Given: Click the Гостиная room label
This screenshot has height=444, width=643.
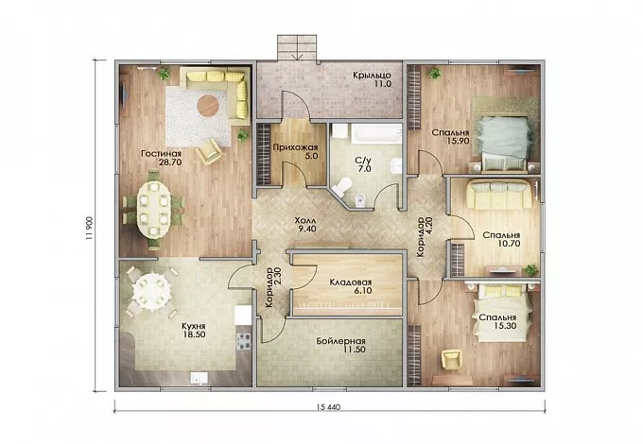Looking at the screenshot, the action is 161,154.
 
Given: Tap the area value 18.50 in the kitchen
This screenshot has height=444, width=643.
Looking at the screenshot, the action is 195,334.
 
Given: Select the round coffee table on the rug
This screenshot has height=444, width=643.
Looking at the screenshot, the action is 208,106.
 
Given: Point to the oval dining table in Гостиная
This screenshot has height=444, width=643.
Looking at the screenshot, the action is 153,209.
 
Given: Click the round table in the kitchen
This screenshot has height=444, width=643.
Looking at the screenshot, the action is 151,291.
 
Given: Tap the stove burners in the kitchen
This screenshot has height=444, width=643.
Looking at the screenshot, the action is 244,341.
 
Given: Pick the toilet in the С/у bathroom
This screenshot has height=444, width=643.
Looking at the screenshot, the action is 340,187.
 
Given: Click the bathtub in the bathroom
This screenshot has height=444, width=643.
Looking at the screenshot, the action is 375,133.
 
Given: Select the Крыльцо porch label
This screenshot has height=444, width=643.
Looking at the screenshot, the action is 372,76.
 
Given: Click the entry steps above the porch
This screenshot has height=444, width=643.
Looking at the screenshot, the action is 297,47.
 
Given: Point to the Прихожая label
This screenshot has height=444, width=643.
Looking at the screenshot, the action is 295,147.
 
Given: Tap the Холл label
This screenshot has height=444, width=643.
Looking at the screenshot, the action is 305,220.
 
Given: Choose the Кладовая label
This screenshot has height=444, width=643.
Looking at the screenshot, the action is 351,282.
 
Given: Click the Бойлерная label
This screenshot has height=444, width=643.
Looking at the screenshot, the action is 340,341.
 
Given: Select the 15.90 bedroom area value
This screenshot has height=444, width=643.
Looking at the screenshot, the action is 458,141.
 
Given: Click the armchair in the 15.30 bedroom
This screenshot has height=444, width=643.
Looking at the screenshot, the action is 451,359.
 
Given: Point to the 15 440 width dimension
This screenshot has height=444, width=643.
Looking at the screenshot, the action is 328,407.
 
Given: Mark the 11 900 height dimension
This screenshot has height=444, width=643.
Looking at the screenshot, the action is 90,229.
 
